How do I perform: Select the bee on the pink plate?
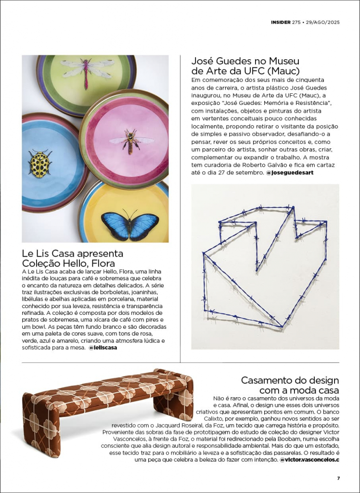click(130, 141)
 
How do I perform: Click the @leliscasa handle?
click(103, 347)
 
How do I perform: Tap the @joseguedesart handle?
click(290, 172)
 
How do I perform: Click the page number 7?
click(338, 478)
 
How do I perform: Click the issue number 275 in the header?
click(296, 22)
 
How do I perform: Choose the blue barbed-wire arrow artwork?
click(265, 267)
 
